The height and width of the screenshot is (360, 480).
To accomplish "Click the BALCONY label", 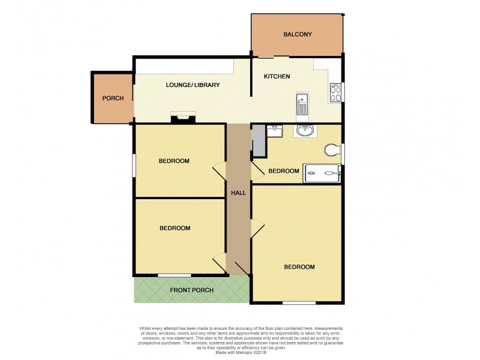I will tap(297, 34).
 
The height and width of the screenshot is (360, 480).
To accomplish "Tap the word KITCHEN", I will tap(277, 77).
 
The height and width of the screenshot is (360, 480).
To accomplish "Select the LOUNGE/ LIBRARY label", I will tap(193, 85).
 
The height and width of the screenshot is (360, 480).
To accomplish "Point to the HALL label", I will tap(238, 193).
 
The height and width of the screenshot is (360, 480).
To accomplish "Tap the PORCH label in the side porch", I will tap(113, 98).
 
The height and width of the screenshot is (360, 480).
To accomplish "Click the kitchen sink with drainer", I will tap(302, 104).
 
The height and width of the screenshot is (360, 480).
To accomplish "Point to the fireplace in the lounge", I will tap(183, 117).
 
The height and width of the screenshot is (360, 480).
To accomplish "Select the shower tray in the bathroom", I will tap(323, 172).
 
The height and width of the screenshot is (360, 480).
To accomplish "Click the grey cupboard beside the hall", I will tap(258, 140).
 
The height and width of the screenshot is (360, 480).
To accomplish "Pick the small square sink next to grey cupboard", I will tap(277, 130).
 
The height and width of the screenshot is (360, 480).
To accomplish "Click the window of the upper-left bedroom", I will tap(133, 165).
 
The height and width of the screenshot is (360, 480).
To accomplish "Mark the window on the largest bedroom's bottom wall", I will tap(299, 302).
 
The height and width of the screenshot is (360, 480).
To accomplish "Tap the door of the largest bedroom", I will tap(257, 228).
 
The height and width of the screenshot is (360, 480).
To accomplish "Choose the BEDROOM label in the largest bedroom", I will tap(299, 267).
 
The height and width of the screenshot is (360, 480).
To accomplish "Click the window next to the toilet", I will tap(343, 152).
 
